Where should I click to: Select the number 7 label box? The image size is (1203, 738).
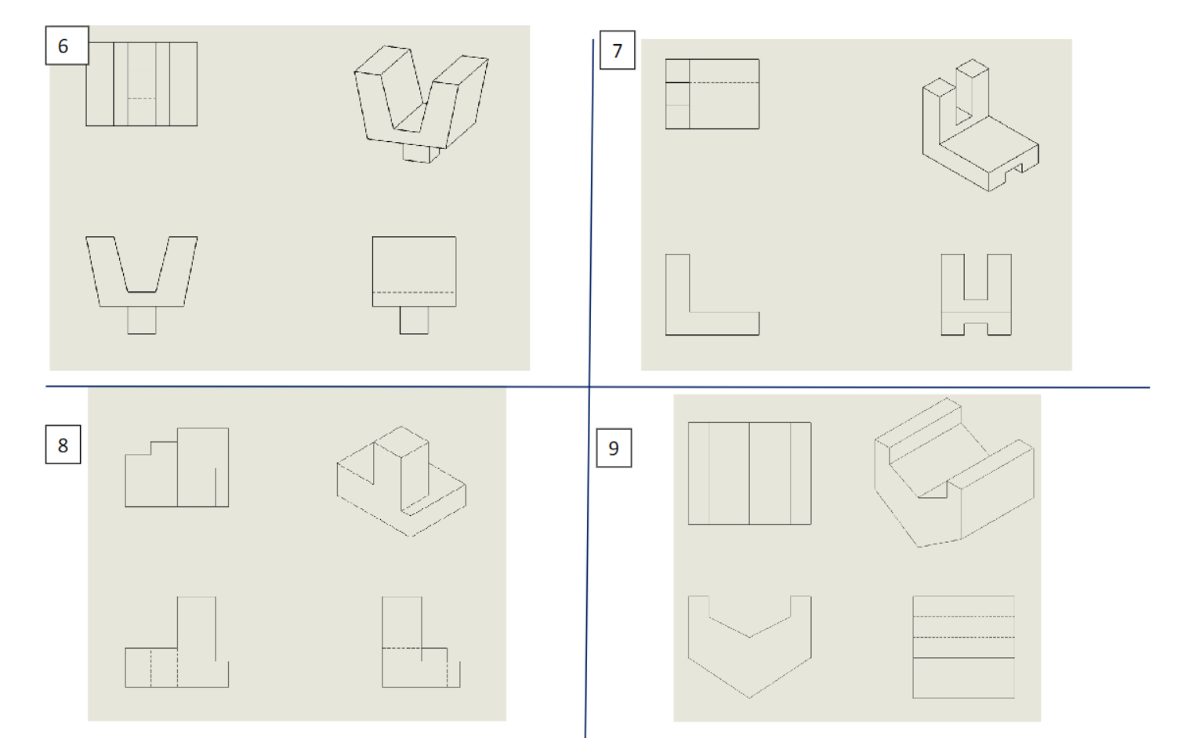(x=617, y=50)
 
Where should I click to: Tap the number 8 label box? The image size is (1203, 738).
(x=63, y=445)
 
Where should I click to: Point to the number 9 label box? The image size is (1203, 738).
(x=614, y=448)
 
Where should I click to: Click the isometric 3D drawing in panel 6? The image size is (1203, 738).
(x=421, y=102)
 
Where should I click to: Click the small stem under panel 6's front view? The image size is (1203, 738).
(x=142, y=320)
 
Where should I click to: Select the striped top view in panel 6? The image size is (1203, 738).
(x=141, y=84)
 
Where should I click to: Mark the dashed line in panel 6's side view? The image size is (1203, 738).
(x=414, y=293)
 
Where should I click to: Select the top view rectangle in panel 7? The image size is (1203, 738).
(x=712, y=93)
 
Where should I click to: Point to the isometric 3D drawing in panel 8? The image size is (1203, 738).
(x=401, y=481)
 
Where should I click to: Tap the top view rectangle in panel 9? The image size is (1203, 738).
(x=749, y=473)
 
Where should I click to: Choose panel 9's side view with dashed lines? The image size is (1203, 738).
(x=963, y=647)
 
